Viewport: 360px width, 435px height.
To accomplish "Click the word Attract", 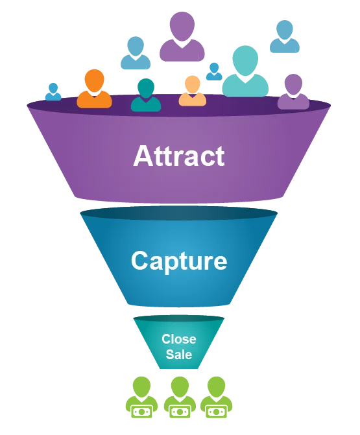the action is [x=179, y=156].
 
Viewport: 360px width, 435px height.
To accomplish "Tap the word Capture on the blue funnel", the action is [x=179, y=261].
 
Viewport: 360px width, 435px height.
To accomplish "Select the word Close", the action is [x=179, y=339].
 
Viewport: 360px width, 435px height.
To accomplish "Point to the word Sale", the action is [x=179, y=354].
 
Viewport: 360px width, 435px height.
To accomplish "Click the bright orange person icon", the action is [x=94, y=89].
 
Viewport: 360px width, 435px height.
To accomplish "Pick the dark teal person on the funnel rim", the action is [x=146, y=95].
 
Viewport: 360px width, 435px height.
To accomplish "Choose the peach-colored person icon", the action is [x=193, y=91].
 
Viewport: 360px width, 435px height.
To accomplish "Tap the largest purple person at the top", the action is [x=182, y=36].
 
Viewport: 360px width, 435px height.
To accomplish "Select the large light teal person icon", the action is [x=245, y=71].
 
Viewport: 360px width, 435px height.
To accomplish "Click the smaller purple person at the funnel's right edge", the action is [x=293, y=91].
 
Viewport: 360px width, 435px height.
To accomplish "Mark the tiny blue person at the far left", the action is [x=53, y=92].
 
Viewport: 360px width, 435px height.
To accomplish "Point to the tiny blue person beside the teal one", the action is [x=214, y=71].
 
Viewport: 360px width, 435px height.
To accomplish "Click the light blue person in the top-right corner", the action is [x=285, y=36].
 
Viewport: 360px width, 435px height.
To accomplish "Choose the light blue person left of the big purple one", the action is [x=136, y=53].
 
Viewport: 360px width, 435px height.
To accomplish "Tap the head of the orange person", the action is [x=94, y=80].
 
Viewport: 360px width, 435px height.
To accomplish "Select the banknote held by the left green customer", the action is [x=141, y=412].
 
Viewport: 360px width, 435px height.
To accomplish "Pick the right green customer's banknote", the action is [x=217, y=412].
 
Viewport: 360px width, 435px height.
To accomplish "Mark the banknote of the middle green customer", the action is [x=180, y=412].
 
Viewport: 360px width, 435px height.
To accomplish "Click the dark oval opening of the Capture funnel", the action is [x=179, y=213].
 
